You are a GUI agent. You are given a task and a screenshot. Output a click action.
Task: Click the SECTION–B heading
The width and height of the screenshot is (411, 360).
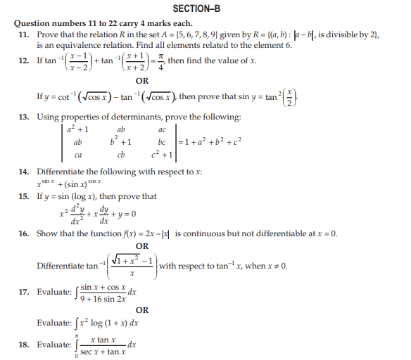205,8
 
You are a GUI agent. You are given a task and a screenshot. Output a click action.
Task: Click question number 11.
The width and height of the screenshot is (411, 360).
23,34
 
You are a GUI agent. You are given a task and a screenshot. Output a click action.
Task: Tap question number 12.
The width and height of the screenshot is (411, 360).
23,61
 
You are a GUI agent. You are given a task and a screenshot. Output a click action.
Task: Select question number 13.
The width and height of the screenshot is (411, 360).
23,117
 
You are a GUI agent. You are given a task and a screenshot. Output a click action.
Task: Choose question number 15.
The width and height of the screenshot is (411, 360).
23,197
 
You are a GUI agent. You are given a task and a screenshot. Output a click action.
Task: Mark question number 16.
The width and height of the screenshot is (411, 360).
23,233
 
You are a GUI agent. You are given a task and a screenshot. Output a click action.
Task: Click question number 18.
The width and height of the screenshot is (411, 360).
23,345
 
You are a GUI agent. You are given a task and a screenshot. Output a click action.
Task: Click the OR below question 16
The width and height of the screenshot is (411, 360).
141,246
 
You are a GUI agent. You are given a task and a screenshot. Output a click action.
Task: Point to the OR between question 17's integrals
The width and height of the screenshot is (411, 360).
141,309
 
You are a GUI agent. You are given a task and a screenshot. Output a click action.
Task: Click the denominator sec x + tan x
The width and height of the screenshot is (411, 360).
103,351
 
